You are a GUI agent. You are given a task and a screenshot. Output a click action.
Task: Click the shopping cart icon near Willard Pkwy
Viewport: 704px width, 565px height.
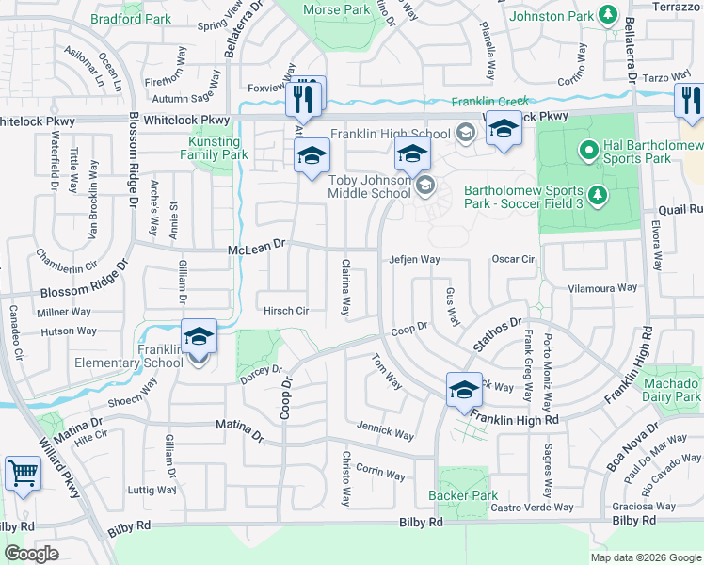coord(23,474)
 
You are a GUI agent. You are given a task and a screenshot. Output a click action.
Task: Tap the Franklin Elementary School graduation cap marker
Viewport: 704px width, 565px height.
coord(199,337)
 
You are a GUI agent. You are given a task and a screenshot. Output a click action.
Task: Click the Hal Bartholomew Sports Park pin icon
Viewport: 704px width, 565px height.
coord(589,149)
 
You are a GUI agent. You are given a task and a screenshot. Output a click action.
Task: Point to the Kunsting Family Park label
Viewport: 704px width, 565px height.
coord(214,148)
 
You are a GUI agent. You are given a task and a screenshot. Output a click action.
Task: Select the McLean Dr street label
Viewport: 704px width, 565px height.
coord(256,249)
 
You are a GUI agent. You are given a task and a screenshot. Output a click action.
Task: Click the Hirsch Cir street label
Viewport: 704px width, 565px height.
coord(286,310)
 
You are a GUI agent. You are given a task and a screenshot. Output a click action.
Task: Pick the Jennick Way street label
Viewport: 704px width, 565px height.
coord(385,434)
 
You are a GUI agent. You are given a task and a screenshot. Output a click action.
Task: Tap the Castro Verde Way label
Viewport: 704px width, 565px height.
coord(532,508)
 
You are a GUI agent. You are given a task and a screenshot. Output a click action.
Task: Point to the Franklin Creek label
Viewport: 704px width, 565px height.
coord(490,101)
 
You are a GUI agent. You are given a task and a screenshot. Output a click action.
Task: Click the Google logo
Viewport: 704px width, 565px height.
coord(31,554)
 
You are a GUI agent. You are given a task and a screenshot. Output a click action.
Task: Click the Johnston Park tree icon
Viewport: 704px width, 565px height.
coord(608,15)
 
